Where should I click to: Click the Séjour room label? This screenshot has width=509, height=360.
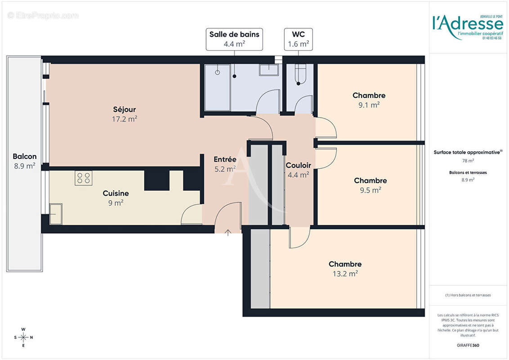pyautogui.click(x=124, y=109)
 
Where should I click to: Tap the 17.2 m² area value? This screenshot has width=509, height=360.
pyautogui.click(x=124, y=119)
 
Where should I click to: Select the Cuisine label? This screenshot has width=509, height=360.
pyautogui.click(x=116, y=193)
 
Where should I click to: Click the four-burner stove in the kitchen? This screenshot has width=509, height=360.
pyautogui.click(x=83, y=178)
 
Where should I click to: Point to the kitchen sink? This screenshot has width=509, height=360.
pyautogui.click(x=56, y=214)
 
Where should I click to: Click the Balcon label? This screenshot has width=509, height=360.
pyautogui.click(x=25, y=157)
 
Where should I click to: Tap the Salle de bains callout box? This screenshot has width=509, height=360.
pyautogui.click(x=234, y=39)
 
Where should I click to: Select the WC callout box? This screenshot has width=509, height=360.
pyautogui.click(x=298, y=39)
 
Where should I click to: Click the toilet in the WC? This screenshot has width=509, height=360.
pyautogui.click(x=300, y=74)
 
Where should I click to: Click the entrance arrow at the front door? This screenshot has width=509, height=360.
pyautogui.click(x=228, y=232)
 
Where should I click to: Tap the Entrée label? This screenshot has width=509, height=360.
pyautogui.click(x=225, y=159)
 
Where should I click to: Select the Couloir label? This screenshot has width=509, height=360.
pyautogui.click(x=298, y=166)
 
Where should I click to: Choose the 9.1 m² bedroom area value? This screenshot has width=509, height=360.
pyautogui.click(x=369, y=104)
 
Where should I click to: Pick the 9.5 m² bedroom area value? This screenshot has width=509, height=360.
pyautogui.click(x=370, y=190)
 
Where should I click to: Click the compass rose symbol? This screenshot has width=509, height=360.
pyautogui.click(x=23, y=337)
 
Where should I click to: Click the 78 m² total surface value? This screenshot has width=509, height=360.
pyautogui.click(x=468, y=161)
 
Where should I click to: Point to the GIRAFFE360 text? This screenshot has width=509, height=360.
pyautogui.click(x=468, y=346)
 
